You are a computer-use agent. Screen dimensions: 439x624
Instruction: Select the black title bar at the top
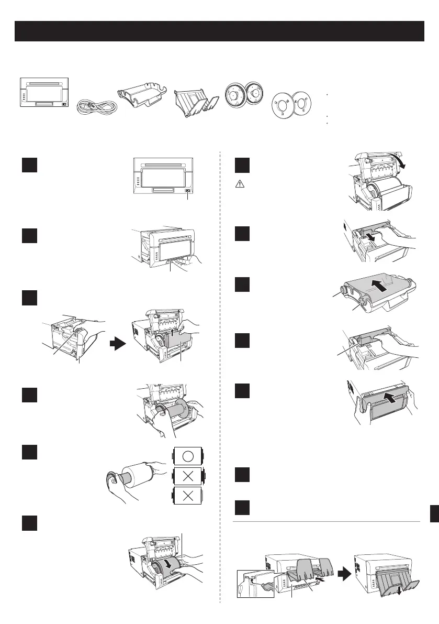click(219, 31)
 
